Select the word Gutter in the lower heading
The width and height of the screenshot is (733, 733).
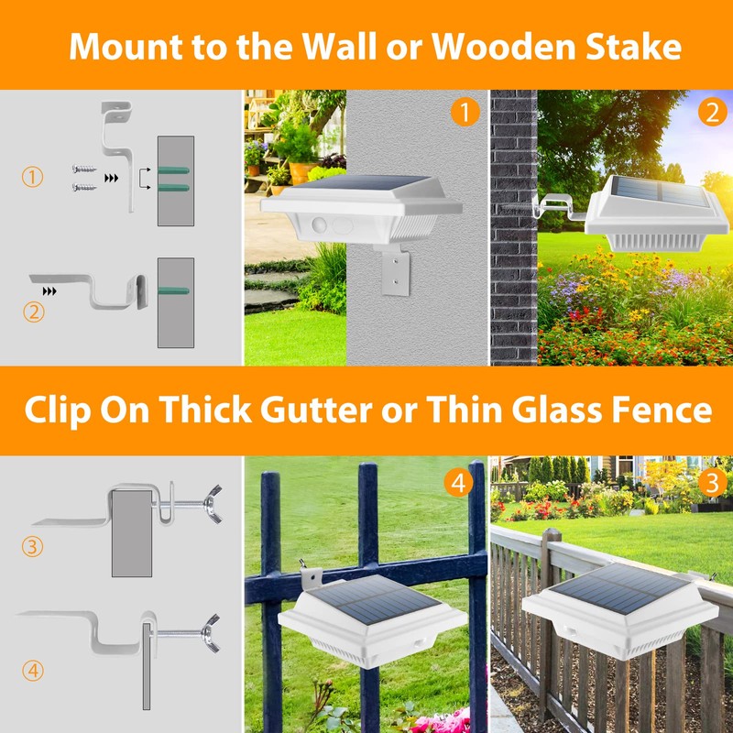316,410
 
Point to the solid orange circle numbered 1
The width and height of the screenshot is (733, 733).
465,112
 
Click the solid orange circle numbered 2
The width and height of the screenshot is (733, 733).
713,112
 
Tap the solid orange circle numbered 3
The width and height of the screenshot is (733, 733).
712,483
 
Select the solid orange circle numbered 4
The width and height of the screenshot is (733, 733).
458,483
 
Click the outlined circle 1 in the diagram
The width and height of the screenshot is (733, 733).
32,177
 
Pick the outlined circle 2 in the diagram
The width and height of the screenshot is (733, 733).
34,312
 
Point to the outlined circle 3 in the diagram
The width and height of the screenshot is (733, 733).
32,546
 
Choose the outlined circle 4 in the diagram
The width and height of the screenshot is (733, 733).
33,671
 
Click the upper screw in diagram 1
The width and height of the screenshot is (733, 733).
84,169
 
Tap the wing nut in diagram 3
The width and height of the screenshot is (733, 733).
213,504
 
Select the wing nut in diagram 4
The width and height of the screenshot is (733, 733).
211,633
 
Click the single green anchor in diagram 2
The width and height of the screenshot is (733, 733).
173,290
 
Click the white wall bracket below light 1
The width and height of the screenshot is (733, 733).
396,271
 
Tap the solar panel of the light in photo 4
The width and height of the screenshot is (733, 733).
374,600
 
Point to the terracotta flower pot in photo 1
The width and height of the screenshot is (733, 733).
302,173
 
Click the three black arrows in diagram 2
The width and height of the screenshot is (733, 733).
49,291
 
